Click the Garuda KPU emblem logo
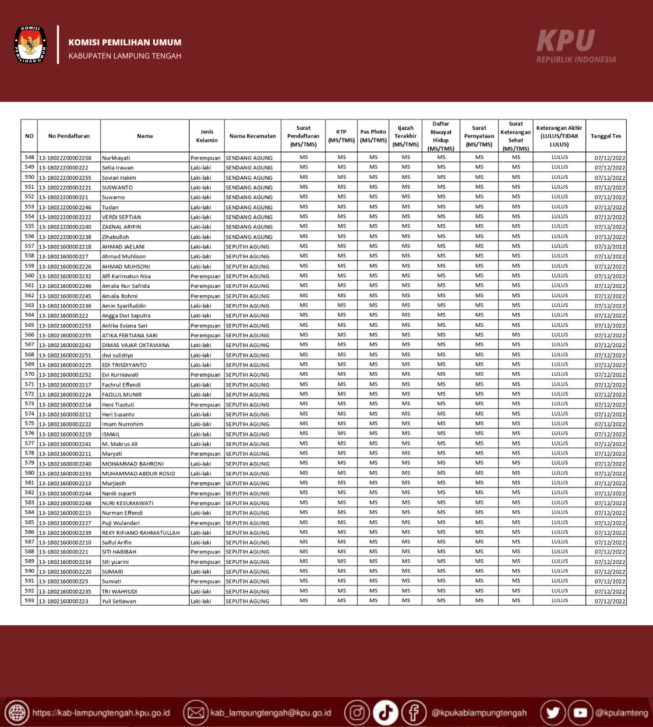coord(30,44)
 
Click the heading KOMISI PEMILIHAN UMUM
coord(125,43)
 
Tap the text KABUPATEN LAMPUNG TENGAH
coord(125,56)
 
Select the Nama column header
coord(145,136)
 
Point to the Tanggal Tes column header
coord(606,136)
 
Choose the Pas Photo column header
coord(373,136)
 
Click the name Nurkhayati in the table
coord(117,158)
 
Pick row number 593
coord(30,601)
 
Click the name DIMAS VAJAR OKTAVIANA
coord(136,345)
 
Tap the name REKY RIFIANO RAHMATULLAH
coord(141,533)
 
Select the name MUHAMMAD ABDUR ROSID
coord(139,474)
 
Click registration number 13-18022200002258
coord(65,158)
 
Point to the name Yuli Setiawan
coord(119,601)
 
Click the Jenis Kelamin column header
coord(207,136)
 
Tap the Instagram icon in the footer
coord(357,712)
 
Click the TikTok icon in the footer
coord(386,712)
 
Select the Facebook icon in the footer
coord(414,712)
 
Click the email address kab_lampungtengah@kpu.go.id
coord(270,713)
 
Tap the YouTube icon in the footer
coord(580,712)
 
